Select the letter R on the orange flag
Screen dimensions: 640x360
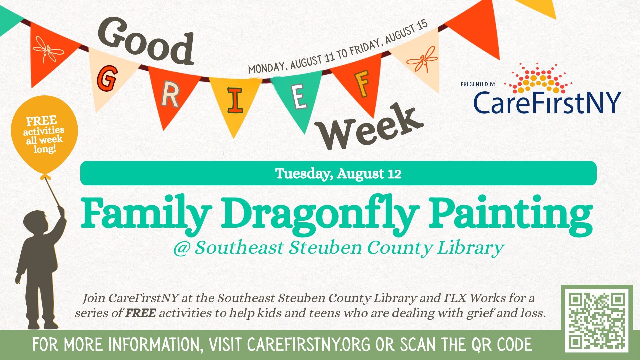170,95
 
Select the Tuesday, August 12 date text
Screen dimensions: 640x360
338,174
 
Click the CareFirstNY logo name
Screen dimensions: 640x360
547,102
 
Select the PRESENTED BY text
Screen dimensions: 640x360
478,84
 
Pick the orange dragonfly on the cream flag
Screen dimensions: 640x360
422,60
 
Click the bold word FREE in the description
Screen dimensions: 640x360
140,313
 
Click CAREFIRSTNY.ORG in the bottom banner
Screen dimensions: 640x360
309,345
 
